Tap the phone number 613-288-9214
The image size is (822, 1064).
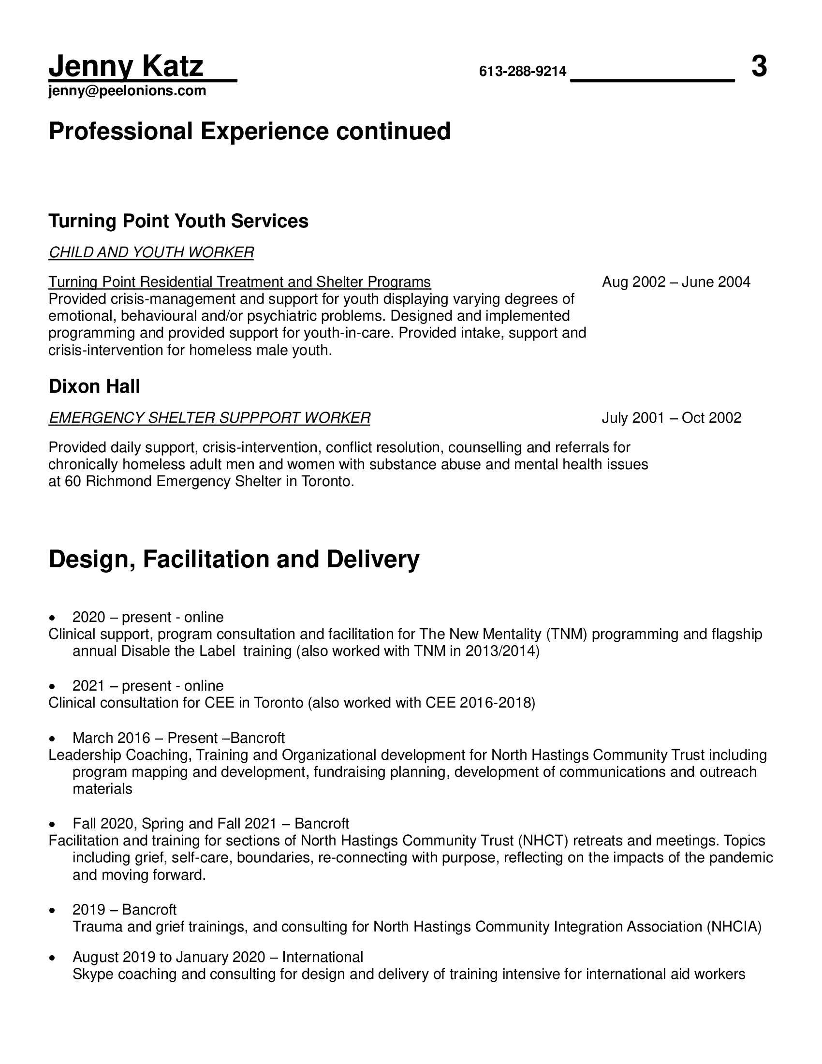tap(523, 72)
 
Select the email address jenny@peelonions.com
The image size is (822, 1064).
tap(127, 91)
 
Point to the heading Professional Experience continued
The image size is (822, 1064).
tap(250, 132)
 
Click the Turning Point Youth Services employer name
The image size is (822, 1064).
tap(178, 221)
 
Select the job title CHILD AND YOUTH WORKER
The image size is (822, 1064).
tap(151, 252)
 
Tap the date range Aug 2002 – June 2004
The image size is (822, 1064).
tap(676, 282)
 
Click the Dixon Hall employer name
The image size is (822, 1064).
tap(94, 386)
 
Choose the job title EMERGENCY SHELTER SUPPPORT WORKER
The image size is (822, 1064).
tap(209, 418)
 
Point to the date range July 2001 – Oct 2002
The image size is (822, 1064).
tap(672, 418)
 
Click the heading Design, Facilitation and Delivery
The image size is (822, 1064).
tap(234, 559)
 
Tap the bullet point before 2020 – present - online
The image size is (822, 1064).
tap(52, 618)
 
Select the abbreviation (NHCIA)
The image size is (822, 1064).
tap(734, 927)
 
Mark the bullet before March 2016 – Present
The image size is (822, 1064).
tap(52, 739)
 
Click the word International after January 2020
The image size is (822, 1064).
tap(323, 957)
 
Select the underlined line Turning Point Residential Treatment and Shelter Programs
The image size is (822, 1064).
tap(239, 282)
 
